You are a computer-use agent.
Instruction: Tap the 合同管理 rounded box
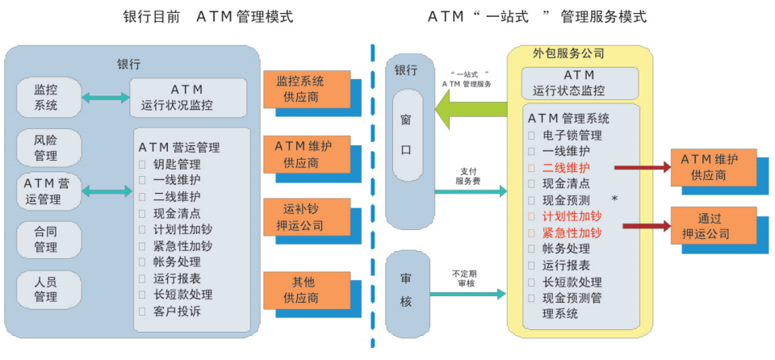[46, 239]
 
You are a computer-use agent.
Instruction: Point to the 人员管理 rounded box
[46, 289]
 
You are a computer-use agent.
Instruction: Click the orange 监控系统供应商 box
[305, 89]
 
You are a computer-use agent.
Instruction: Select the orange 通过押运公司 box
[712, 226]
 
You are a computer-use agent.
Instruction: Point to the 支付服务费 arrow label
[469, 176]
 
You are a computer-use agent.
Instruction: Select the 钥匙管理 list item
[177, 164]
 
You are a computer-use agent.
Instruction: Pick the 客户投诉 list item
[177, 311]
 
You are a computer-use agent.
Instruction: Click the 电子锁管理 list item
[572, 135]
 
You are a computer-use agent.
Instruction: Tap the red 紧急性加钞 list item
[572, 232]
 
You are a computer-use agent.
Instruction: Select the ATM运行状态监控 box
[580, 83]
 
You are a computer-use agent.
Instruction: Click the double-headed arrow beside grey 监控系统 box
[106, 97]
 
